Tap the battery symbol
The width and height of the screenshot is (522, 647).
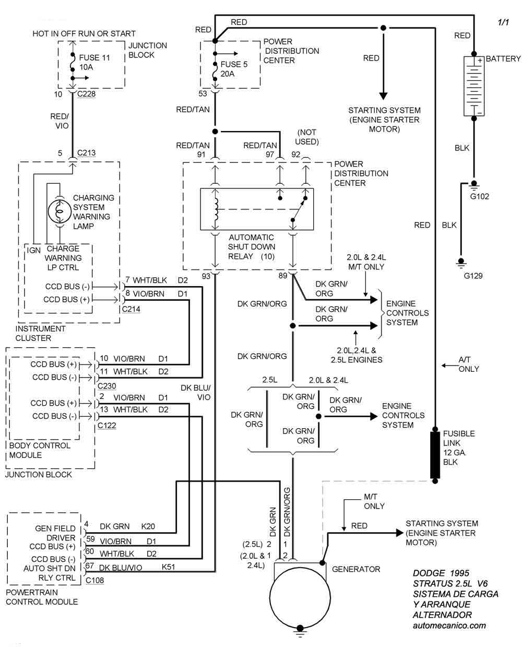474,86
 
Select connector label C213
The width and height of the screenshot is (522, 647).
86,154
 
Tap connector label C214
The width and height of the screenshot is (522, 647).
130,309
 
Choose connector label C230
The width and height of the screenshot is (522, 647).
106,386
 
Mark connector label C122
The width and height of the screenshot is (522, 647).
106,426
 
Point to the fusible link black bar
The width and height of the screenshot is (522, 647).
435,455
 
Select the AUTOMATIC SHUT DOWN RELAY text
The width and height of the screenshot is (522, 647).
252,247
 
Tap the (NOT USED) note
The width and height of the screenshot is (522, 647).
306,137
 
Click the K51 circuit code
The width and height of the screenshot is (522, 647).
169,568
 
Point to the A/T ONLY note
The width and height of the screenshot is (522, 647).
468,364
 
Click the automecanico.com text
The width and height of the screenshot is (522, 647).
449,625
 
